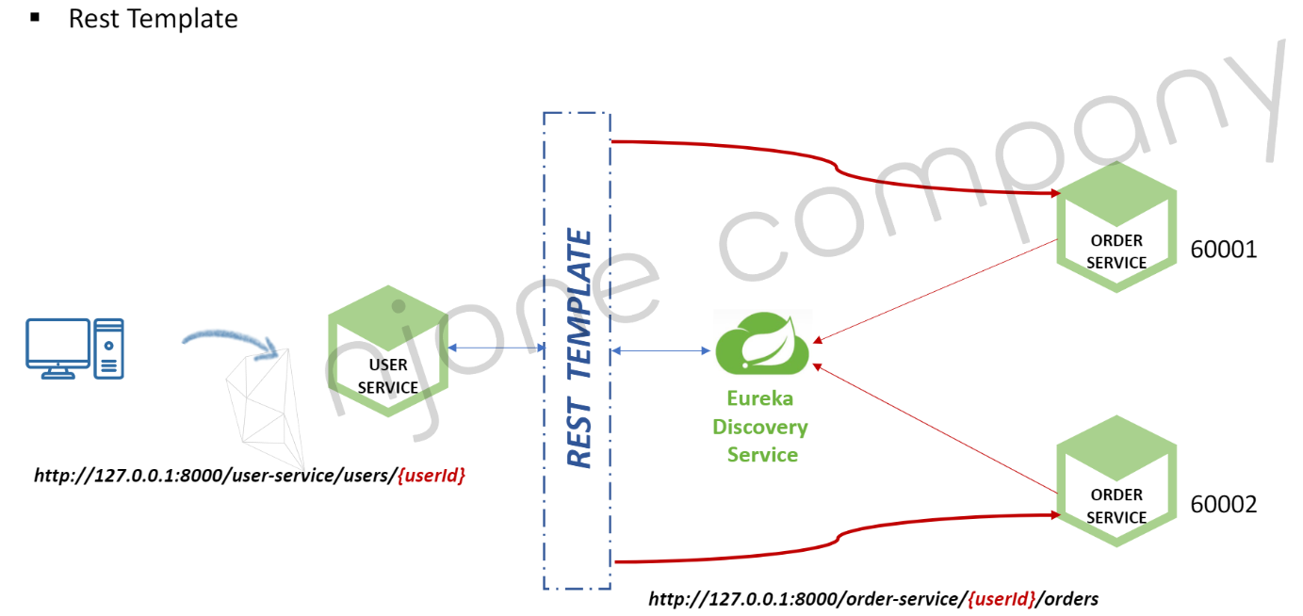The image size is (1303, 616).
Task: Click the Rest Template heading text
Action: (153, 18)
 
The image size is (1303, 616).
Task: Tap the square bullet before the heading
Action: (36, 17)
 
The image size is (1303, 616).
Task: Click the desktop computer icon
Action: (74, 349)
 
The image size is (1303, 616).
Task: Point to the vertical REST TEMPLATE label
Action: (579, 349)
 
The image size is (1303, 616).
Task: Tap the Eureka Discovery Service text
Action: (760, 427)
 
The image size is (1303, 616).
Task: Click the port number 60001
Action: (1224, 250)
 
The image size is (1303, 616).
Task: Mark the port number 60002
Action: (1224, 505)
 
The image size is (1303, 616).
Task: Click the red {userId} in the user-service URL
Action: (432, 476)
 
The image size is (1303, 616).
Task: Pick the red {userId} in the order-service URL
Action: (1002, 598)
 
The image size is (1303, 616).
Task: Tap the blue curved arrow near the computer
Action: (230, 339)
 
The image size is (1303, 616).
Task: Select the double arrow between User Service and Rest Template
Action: (497, 349)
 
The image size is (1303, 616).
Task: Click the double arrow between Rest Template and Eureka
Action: (660, 351)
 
